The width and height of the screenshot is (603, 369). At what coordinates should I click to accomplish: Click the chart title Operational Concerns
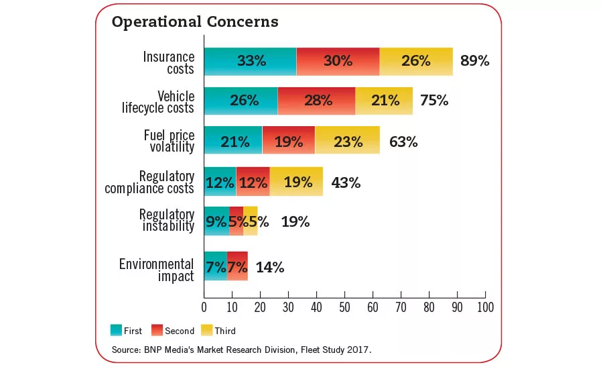click(194, 22)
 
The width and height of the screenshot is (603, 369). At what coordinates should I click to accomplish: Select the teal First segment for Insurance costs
click(250, 61)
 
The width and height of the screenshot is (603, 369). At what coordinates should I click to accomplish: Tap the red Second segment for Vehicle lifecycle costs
click(316, 101)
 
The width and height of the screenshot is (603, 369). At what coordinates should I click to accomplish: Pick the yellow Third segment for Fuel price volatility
click(346, 141)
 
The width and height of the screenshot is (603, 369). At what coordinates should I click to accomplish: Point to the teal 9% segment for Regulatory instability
click(216, 221)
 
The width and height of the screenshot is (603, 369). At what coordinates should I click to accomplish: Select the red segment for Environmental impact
click(237, 266)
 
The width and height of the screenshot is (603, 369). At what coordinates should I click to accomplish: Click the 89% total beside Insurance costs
click(474, 61)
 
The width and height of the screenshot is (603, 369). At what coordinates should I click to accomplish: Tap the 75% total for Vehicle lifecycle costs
click(434, 101)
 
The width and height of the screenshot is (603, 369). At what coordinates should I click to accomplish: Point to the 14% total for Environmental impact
click(270, 267)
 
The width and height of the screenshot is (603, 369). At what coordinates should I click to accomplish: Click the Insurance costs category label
click(168, 62)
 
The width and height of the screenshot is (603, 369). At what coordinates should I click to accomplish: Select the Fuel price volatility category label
click(169, 142)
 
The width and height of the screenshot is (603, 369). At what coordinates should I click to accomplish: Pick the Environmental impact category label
click(156, 270)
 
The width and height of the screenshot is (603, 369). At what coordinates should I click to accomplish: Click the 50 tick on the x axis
click(344, 307)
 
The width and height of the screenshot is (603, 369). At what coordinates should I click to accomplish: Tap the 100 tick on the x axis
click(484, 307)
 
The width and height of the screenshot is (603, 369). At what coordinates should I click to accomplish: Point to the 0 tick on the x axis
click(204, 307)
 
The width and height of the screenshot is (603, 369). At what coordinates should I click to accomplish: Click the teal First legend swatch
click(116, 330)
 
